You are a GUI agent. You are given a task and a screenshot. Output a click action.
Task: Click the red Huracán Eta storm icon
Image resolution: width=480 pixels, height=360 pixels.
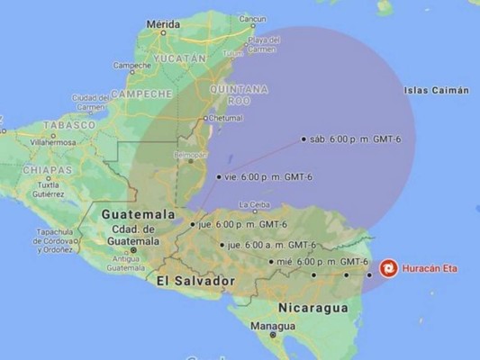(388, 268)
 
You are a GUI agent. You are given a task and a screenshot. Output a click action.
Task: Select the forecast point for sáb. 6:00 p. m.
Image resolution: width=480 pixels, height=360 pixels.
(304, 139)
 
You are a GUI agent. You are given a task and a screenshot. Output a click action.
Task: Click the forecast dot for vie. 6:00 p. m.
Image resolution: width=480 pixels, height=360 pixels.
(219, 177)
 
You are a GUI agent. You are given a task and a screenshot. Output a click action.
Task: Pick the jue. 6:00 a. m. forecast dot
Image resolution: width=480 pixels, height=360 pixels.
(222, 244)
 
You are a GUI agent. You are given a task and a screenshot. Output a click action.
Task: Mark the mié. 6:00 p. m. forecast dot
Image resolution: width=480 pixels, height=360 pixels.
(271, 262)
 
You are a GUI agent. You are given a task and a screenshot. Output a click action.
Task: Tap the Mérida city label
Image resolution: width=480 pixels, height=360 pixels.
(162, 25)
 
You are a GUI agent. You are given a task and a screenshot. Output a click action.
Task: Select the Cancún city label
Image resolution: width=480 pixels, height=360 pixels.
(253, 17)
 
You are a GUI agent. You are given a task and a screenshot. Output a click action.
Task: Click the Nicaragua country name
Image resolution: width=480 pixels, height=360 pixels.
(312, 308)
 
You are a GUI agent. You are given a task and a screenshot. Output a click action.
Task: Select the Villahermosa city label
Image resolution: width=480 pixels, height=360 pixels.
(51, 142)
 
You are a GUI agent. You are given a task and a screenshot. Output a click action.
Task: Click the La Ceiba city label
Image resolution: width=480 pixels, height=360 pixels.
(254, 204)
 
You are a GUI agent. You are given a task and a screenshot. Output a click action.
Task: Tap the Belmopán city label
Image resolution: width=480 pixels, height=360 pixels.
(190, 155)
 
